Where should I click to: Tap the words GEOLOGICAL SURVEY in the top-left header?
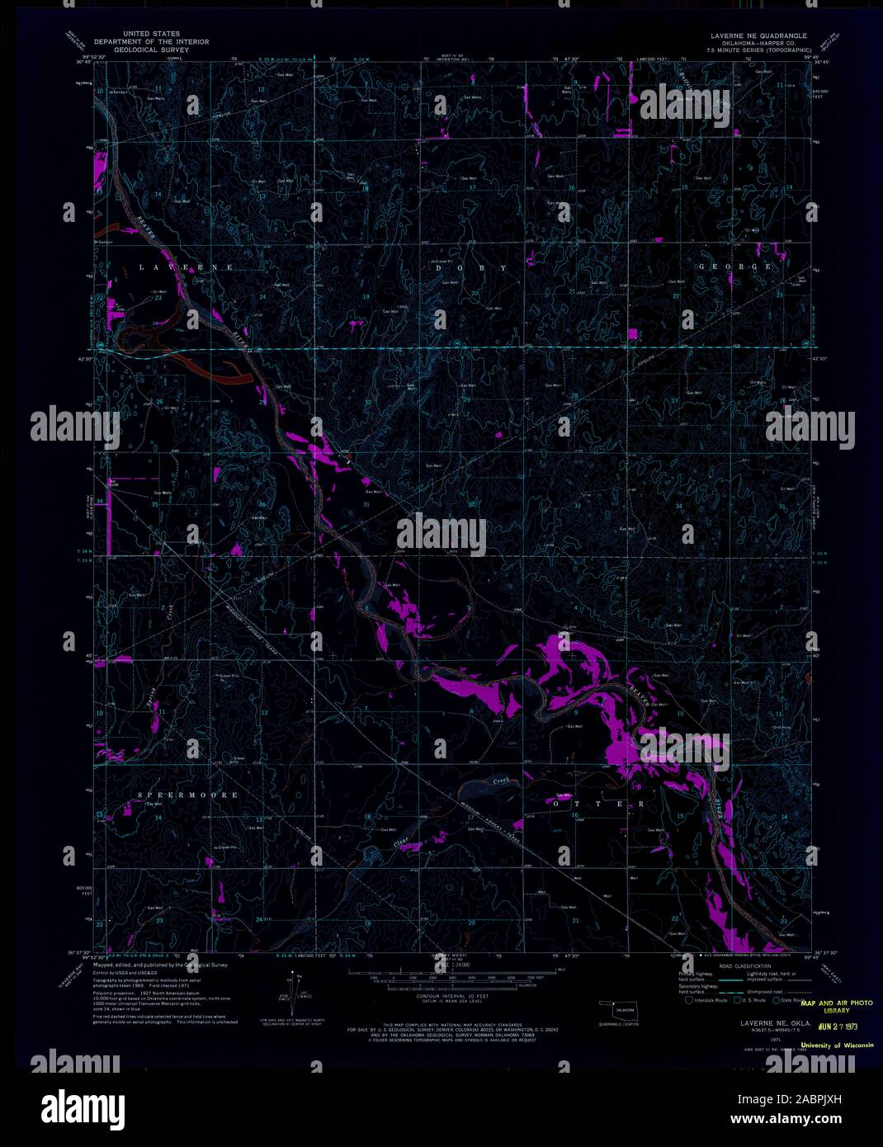(x=152, y=50)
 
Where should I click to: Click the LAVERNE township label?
(x=187, y=268)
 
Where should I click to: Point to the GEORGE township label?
(x=735, y=267)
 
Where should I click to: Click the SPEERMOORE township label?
(x=188, y=795)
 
